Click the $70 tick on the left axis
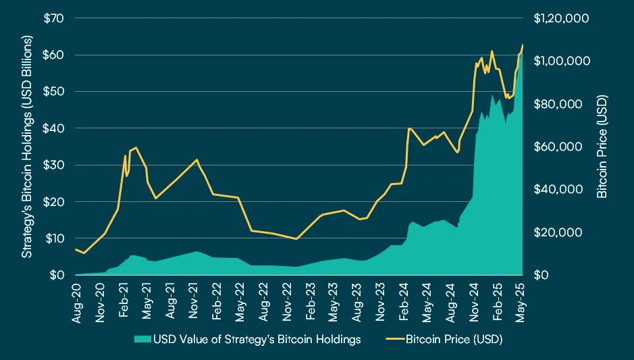click(x=53, y=18)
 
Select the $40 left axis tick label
click(x=53, y=128)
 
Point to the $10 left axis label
click(x=53, y=238)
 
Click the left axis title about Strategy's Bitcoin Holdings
click(x=28, y=147)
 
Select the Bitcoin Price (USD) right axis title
click(x=603, y=147)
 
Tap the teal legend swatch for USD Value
click(x=142, y=339)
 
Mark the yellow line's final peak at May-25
click(x=523, y=45)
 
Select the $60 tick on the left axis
click(x=53, y=55)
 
